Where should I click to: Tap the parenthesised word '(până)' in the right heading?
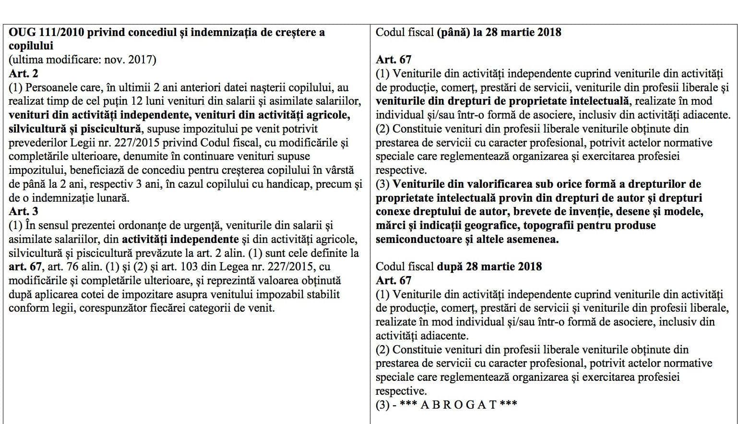(x=453, y=33)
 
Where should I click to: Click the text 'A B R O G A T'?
(x=458, y=404)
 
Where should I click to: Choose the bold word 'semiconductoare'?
(x=411, y=239)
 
